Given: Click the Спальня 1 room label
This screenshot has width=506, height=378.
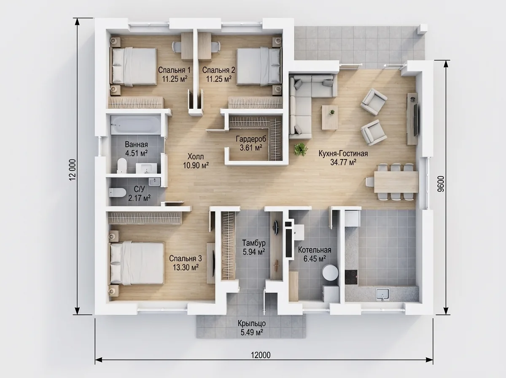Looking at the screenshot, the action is pos(174,70).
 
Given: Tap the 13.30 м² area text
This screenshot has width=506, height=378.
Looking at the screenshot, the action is pos(186,267).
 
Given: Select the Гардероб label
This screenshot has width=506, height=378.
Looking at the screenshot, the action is pos(251,139).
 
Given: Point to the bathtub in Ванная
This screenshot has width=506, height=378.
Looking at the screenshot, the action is pos(135,124).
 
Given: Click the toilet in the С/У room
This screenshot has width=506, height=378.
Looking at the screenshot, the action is pos(117,192).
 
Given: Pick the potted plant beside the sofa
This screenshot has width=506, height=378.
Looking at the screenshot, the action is pos(301,149).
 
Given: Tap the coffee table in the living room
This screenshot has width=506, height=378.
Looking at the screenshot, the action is pos(330,117).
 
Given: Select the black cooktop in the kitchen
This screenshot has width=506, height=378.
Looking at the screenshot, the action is pos(351,277).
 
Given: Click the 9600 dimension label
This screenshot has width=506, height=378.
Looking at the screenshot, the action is pos(441,184).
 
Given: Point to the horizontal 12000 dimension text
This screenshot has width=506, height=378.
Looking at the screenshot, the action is pos(261,355).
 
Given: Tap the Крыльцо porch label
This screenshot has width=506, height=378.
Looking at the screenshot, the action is pos(252,324).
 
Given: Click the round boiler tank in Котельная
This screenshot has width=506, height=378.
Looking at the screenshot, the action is pos(330,273).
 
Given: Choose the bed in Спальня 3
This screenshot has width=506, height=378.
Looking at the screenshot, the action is pos(137,263).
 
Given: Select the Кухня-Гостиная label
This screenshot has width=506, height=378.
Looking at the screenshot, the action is pos(343,154).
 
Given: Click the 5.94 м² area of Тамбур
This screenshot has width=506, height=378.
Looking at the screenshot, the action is pos(253,252).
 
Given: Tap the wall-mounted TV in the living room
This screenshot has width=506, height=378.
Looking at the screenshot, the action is pos(416,119).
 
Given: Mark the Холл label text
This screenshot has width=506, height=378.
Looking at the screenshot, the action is pos(196,157).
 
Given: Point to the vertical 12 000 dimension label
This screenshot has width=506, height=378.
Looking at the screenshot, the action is pos(73,170).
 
